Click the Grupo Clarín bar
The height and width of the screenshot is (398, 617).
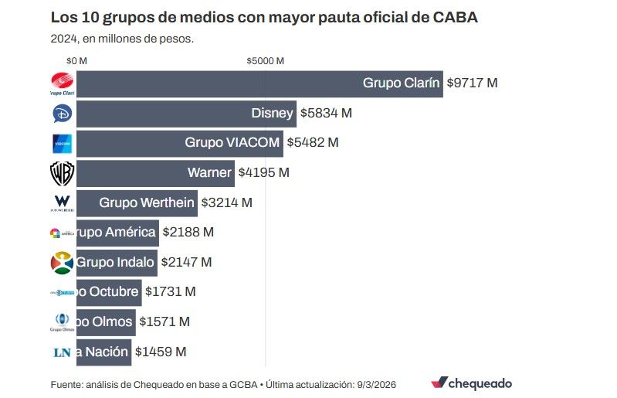point(259,83)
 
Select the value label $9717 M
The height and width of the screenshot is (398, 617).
point(472,83)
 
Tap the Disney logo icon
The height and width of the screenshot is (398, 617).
point(62,114)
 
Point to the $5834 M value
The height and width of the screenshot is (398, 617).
point(325,114)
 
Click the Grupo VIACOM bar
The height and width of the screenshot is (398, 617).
point(179,143)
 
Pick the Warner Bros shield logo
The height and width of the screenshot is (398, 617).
point(62,173)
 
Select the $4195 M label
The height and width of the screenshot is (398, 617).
point(263,173)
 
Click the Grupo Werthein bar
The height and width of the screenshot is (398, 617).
point(137,203)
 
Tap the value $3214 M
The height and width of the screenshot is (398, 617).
point(226,203)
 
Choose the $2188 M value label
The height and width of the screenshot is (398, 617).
point(188,233)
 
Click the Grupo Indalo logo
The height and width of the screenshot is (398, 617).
point(62,263)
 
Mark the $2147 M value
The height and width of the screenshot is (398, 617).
point(186,263)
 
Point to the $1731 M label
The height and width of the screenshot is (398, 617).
point(170,292)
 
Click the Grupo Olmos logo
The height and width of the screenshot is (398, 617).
point(62,322)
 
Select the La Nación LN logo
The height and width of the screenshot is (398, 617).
point(62,352)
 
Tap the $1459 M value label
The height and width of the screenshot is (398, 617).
point(161,352)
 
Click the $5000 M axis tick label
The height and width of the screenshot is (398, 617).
point(265,60)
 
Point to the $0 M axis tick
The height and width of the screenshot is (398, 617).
point(76,60)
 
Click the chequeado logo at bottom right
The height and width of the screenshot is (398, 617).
point(471,383)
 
